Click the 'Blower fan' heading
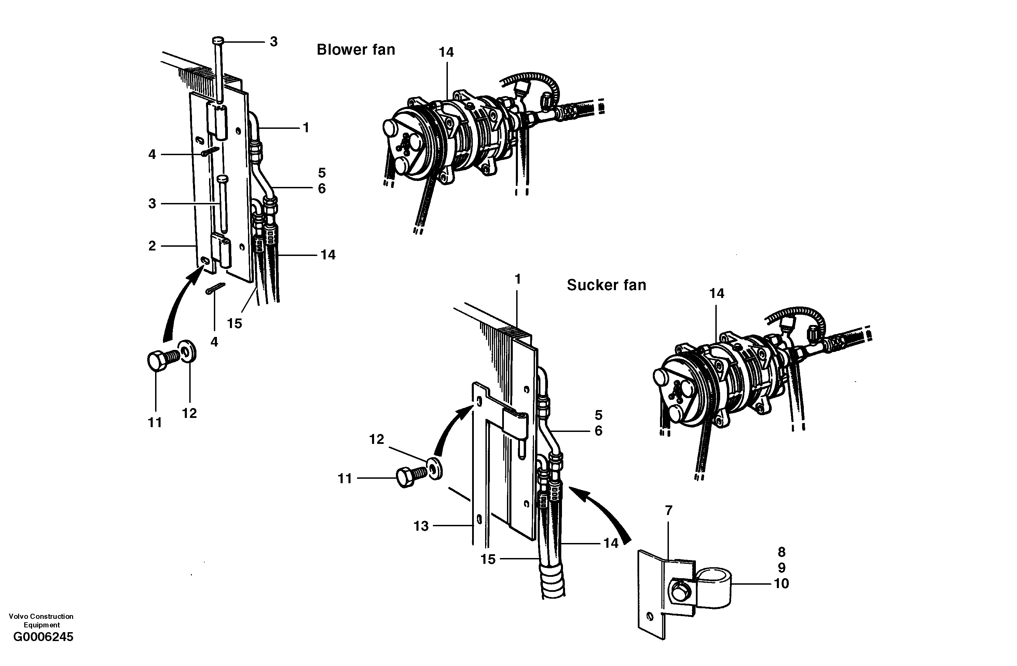pos(356,50)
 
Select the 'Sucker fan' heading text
pos(606,285)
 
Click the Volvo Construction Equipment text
pos(41,620)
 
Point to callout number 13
pos(421,526)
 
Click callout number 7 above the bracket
pos(669,511)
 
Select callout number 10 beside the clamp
pos(781,584)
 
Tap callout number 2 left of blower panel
pos(152,246)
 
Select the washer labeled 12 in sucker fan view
pos(435,469)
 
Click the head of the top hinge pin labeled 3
pos(218,41)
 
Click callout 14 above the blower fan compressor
pos(446,52)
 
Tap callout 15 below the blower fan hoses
pos(234,324)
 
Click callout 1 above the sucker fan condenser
pos(518,279)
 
